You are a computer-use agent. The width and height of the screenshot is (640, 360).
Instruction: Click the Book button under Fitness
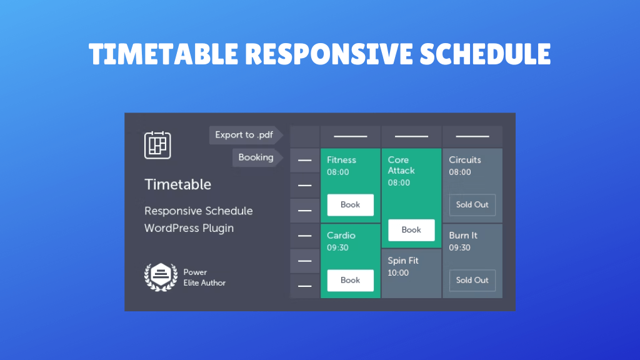click(350, 205)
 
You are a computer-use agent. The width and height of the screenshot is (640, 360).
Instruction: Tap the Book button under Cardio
click(350, 281)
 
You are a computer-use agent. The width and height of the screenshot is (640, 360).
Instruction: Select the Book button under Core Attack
click(411, 230)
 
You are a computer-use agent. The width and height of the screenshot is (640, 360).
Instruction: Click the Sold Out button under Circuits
click(472, 205)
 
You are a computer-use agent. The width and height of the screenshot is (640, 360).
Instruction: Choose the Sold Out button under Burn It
click(472, 281)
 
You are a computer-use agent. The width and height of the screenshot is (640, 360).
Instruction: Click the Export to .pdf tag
click(244, 135)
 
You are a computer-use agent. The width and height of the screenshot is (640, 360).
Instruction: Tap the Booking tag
click(256, 157)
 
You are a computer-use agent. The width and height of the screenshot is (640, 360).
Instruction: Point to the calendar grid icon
click(157, 145)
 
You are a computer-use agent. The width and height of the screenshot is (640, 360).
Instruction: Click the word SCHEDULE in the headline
click(485, 55)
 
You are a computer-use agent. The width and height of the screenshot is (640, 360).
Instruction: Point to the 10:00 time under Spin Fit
click(398, 273)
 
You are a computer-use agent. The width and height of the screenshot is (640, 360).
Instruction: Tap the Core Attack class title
click(401, 165)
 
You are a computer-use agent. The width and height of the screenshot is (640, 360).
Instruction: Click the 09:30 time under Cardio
click(337, 248)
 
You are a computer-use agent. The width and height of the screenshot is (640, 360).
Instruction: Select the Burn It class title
click(463, 236)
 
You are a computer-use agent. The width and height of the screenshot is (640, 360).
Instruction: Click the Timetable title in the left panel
click(177, 184)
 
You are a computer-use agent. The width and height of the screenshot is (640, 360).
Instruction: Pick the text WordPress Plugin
click(189, 228)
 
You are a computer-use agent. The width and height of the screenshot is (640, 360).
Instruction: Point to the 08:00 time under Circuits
click(459, 172)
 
